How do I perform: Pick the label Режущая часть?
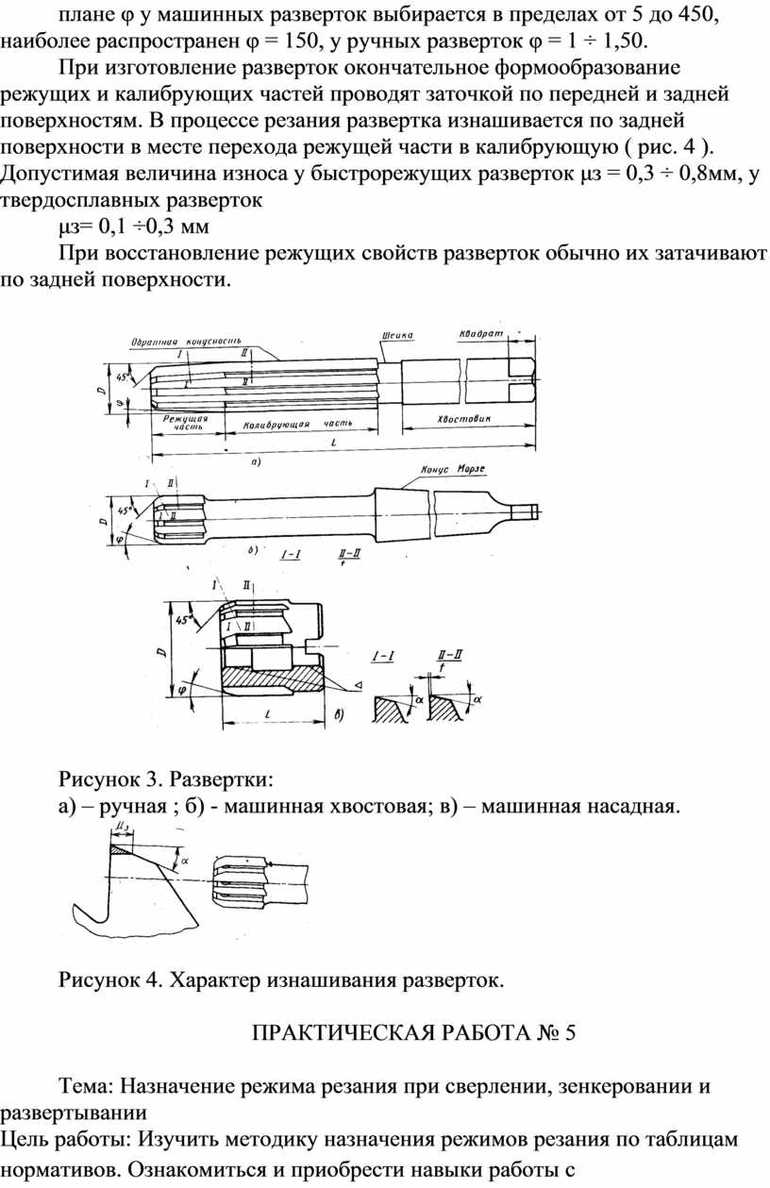click(184, 422)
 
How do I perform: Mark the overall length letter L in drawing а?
click(334, 443)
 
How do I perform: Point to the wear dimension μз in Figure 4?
click(121, 827)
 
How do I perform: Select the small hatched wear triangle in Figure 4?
click(120, 848)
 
